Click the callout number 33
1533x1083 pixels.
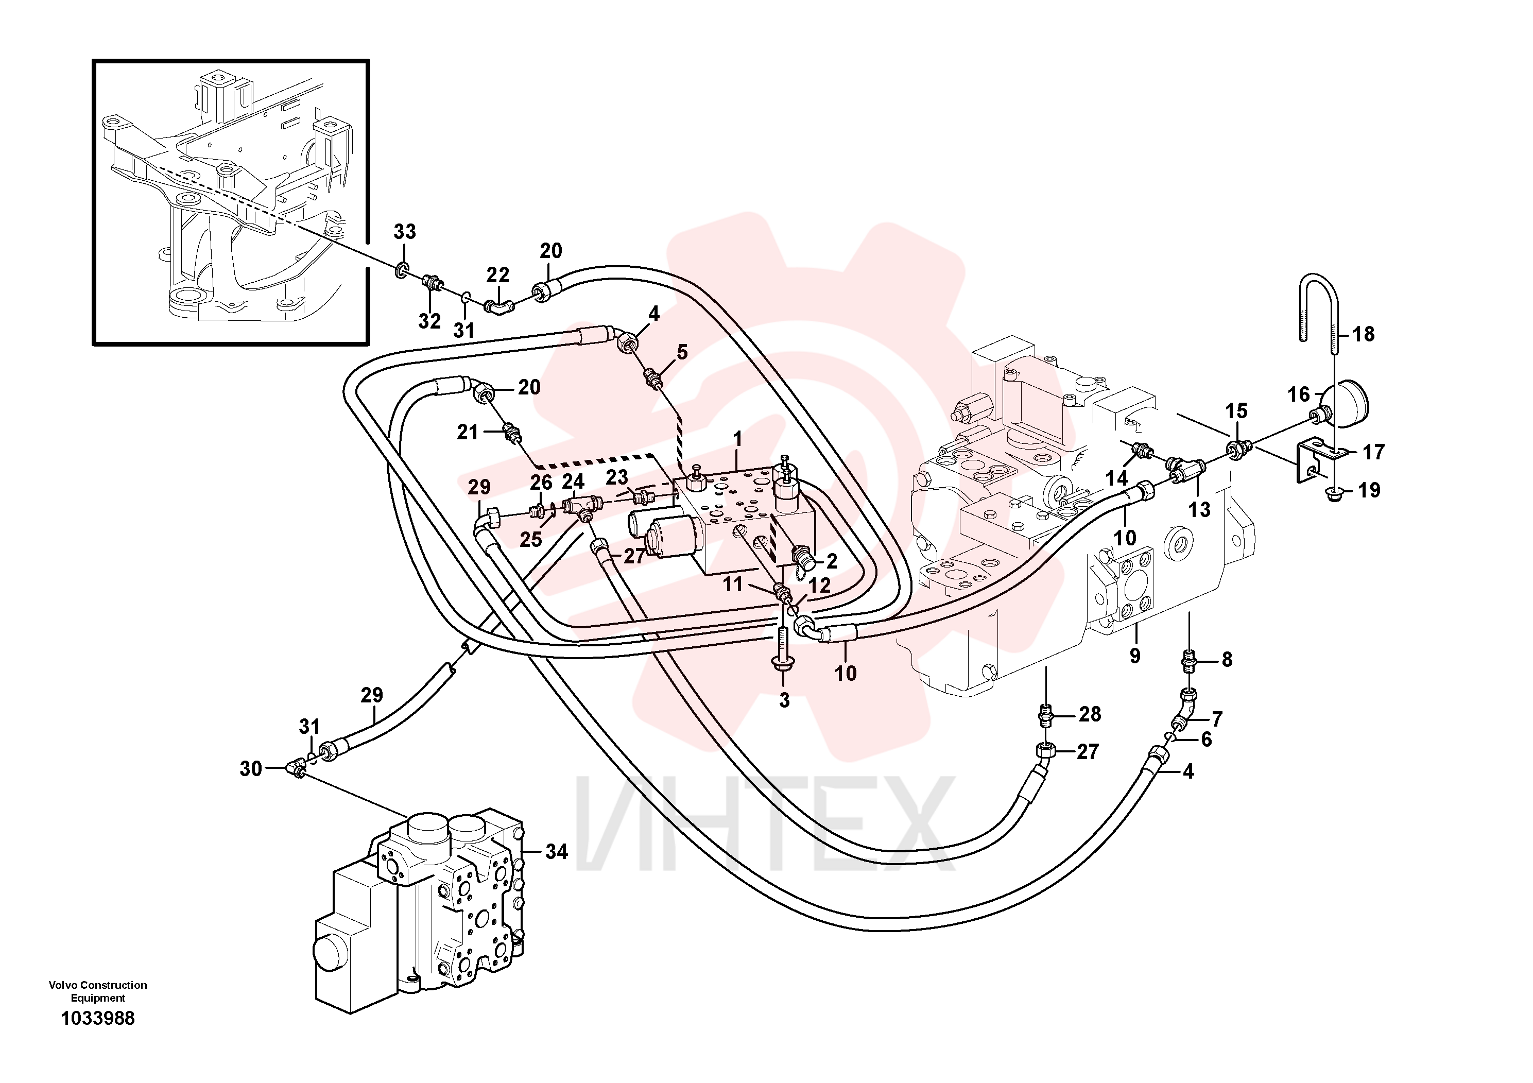click(x=405, y=232)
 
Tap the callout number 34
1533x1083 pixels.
click(x=556, y=851)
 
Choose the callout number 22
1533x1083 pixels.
click(x=497, y=274)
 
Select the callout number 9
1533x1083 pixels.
click(x=1134, y=656)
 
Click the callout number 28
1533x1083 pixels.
click(x=1090, y=714)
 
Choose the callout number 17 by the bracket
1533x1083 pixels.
click(x=1373, y=452)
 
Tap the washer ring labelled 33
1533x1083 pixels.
click(x=402, y=270)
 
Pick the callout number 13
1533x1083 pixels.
click(x=1199, y=509)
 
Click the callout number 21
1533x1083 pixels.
click(x=468, y=433)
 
